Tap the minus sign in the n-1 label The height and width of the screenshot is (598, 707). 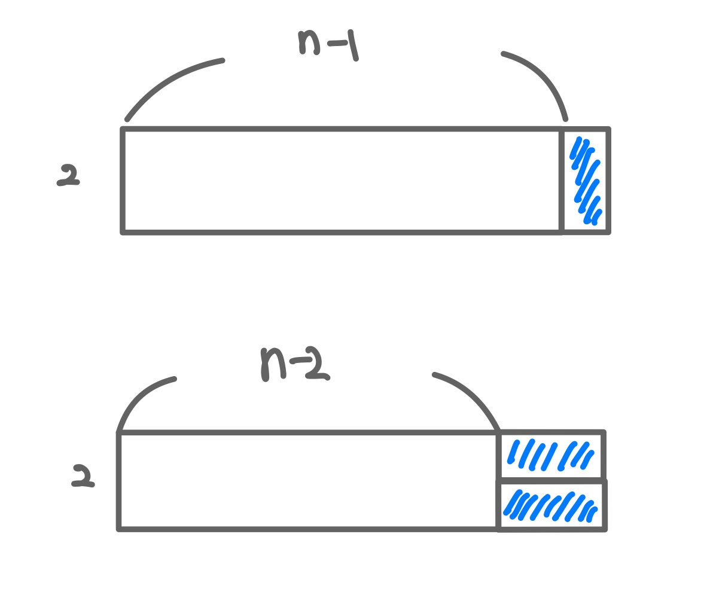click(x=337, y=43)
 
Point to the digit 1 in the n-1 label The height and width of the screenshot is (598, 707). click(x=353, y=45)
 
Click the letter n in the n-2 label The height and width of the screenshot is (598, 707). click(x=272, y=364)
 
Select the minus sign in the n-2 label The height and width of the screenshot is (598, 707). click(x=301, y=360)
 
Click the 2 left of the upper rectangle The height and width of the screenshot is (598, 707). click(x=68, y=175)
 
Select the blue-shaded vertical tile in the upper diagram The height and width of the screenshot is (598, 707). click(x=585, y=180)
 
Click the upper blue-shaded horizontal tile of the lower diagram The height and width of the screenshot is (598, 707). click(x=550, y=455)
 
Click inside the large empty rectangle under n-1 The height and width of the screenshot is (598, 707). click(x=342, y=180)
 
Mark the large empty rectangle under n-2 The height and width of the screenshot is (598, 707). click(x=308, y=481)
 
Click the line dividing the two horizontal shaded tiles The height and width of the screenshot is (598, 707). click(x=550, y=480)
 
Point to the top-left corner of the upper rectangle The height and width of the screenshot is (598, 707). click(x=123, y=129)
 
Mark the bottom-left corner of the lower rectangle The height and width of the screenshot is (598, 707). click(x=119, y=529)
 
